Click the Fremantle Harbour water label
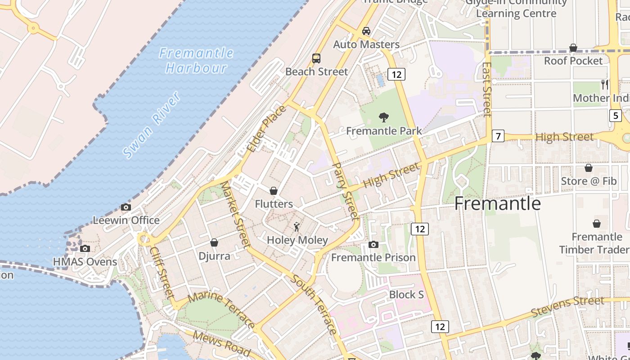[x=196, y=61]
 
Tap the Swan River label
[x=152, y=125]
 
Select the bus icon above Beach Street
[x=316, y=58]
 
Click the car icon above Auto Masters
[x=366, y=31]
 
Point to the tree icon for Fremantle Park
[x=384, y=118]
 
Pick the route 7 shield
[x=498, y=135]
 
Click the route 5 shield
[x=616, y=116]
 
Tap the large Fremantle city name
[x=497, y=203]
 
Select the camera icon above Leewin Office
[x=126, y=207]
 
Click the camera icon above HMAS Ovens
[x=85, y=248]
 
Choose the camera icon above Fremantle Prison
[x=373, y=245]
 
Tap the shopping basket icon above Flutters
[x=273, y=191]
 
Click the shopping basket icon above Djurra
[x=214, y=243]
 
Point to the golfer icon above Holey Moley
[x=297, y=227]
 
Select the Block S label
[x=407, y=295]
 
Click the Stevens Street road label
[x=567, y=306]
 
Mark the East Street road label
[x=487, y=89]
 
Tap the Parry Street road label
[x=345, y=191]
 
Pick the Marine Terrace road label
[x=221, y=310]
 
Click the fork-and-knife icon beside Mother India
[x=605, y=84]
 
